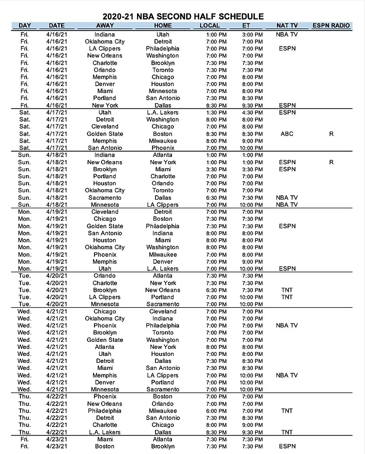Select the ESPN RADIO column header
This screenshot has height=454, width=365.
pyautogui.click(x=331, y=26)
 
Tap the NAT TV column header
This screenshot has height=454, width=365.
pyautogui.click(x=286, y=26)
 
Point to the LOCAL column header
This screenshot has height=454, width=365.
pyautogui.click(x=209, y=26)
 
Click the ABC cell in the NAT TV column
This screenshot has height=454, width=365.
pyautogui.click(x=287, y=134)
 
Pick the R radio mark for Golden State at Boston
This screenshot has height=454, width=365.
pyautogui.click(x=331, y=134)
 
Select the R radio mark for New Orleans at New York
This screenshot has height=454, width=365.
pyautogui.click(x=331, y=162)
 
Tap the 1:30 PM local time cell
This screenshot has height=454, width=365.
pyautogui.click(x=216, y=113)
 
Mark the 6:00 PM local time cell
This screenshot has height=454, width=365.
pyautogui.click(x=216, y=411)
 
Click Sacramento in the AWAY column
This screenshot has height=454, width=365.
pyautogui.click(x=105, y=198)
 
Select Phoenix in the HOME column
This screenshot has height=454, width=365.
pyautogui.click(x=163, y=148)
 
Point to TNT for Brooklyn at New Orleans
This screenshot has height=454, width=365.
pyautogui.click(x=287, y=290)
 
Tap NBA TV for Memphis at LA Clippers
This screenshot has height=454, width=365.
pyautogui.click(x=287, y=375)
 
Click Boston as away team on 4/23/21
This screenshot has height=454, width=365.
pyautogui.click(x=105, y=446)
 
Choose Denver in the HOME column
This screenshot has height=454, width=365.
pyautogui.click(x=163, y=262)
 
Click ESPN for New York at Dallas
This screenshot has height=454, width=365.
pyautogui.click(x=287, y=106)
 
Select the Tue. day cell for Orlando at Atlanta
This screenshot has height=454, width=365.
pyautogui.click(x=24, y=276)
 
